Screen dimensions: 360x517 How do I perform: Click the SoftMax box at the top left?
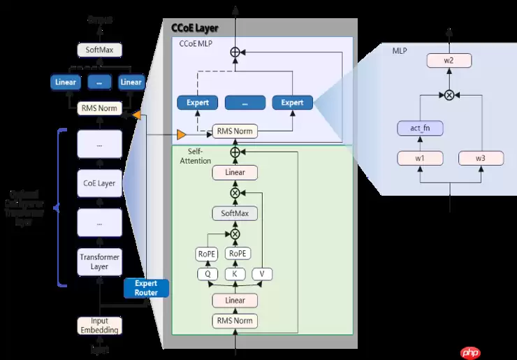coord(99,50)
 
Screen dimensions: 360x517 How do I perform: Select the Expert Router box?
coord(146,288)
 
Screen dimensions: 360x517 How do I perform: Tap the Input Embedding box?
coord(99,325)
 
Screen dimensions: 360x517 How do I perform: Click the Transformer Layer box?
coord(99,261)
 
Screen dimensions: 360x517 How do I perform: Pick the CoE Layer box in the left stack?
coord(99,184)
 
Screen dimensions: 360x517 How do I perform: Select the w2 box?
coord(449,61)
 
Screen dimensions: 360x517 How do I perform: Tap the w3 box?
coord(481,159)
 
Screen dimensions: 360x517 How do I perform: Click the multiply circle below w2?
coord(449,93)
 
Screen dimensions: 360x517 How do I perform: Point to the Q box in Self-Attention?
coord(207,274)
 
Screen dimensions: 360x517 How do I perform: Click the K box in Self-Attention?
coord(235,274)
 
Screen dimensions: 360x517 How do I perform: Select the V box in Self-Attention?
coord(262,274)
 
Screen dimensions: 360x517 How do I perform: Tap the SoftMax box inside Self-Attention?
coord(235,213)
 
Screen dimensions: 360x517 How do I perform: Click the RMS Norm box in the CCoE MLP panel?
coord(235,131)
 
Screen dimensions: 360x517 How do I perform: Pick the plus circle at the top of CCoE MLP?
coord(235,52)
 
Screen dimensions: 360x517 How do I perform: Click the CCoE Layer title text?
coord(195,29)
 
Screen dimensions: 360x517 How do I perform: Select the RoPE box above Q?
coord(207,254)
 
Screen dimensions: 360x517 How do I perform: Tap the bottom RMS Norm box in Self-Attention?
coord(235,321)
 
